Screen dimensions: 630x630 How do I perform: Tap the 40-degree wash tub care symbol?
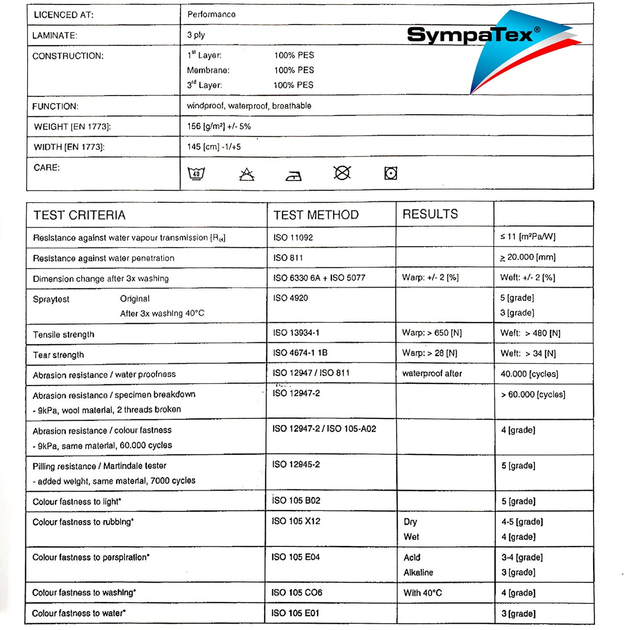196,173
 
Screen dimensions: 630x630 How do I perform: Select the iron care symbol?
294,175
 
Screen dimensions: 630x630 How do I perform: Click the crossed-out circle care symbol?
342,173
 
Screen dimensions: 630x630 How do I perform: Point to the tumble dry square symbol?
391,173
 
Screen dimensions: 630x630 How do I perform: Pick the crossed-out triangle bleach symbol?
247,174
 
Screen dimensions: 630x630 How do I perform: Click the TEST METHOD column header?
316,215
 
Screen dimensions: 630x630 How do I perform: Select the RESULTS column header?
430,214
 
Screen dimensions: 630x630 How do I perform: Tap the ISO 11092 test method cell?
293,237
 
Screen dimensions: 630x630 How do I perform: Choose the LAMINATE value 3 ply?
196,35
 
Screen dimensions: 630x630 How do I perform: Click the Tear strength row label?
59,355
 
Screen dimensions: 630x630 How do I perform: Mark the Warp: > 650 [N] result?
432,333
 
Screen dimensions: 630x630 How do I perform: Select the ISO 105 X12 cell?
296,521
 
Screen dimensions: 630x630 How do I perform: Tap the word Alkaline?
418,572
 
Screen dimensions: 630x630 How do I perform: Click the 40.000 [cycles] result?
529,374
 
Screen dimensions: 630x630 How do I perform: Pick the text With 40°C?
423,593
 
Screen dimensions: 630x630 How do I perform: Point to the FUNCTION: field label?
55,106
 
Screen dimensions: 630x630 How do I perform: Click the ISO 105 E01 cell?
295,613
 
